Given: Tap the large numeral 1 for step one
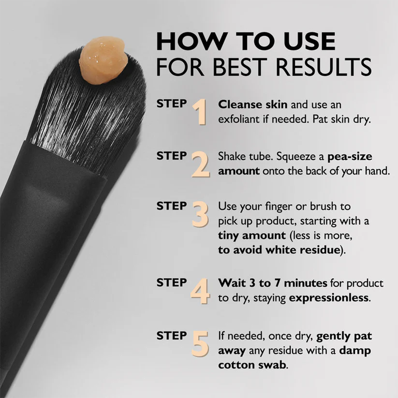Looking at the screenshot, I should click(x=200, y=112).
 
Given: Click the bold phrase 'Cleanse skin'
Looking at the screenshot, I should click(x=246, y=104).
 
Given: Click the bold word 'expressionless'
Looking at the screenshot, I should click(x=329, y=298).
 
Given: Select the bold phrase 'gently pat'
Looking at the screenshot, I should click(x=344, y=335).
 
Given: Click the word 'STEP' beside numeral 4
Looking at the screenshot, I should click(x=171, y=283).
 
